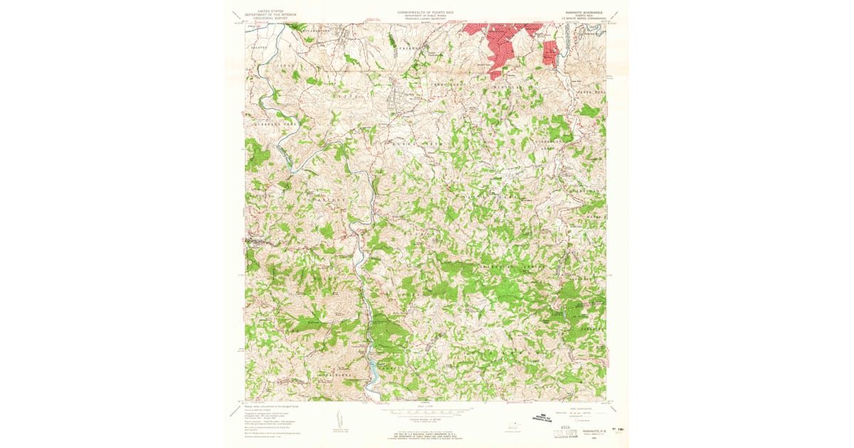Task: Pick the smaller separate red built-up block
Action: click(x=549, y=52)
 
